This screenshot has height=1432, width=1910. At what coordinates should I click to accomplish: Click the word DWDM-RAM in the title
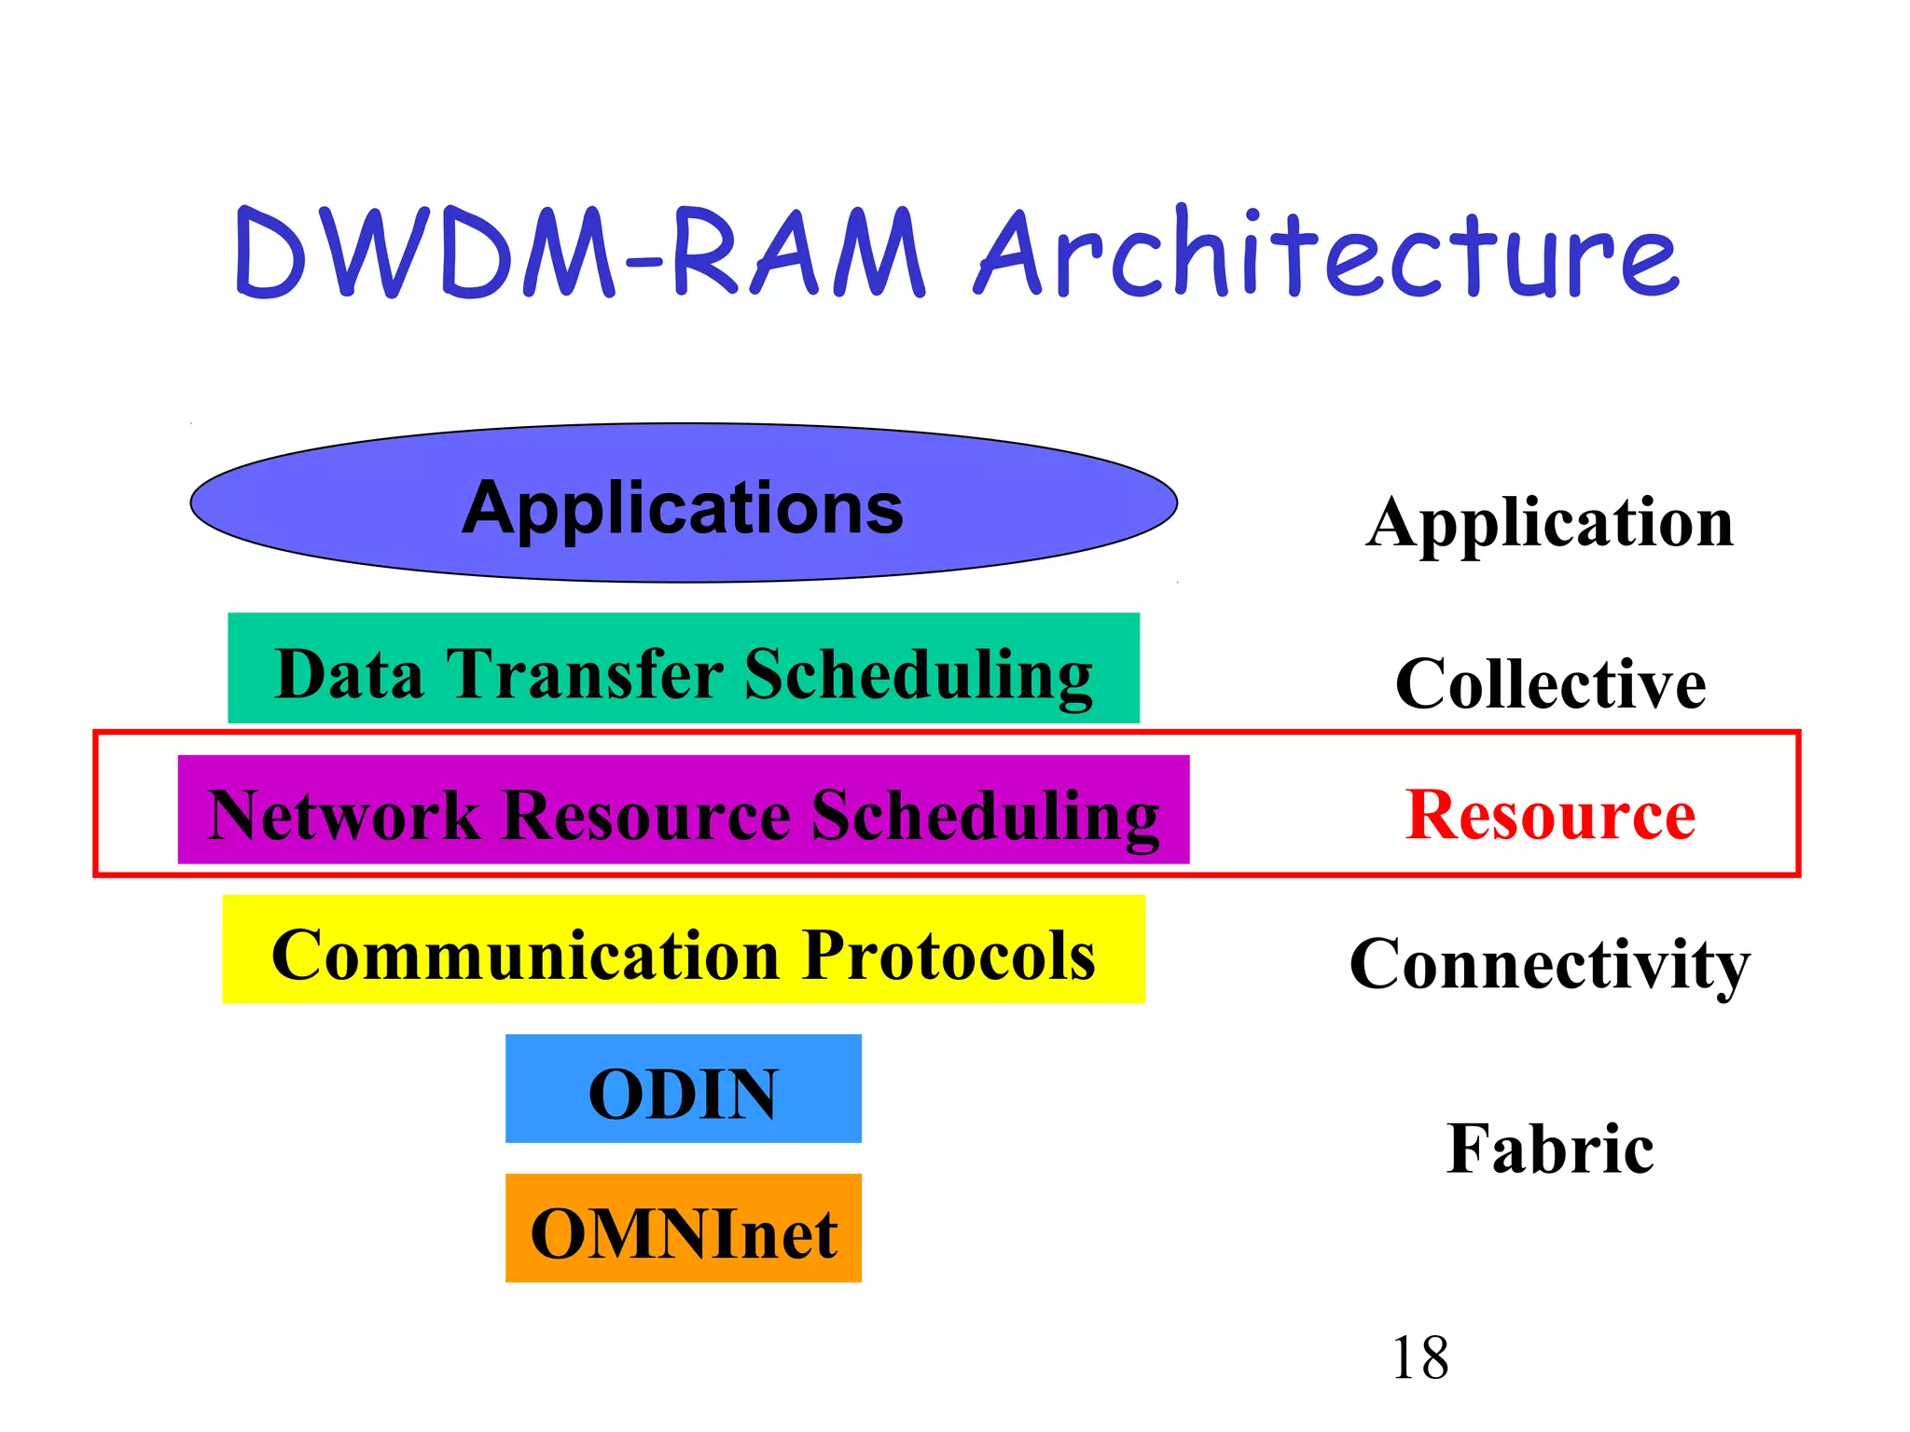(578, 254)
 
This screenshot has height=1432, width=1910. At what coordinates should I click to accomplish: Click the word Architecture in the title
(1324, 254)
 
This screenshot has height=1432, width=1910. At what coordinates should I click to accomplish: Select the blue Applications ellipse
(308, 503)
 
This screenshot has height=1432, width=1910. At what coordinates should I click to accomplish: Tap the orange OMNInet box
(683, 1229)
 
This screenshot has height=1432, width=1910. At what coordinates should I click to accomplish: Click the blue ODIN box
(683, 1089)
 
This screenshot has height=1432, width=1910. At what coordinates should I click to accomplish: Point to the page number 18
(1419, 1357)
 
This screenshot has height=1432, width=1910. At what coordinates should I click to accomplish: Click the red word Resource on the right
(1550, 815)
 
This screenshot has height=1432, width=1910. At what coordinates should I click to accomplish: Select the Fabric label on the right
(1550, 1148)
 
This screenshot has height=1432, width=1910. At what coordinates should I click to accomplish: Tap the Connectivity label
(1550, 963)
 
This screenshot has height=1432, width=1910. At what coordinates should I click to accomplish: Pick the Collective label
(1550, 683)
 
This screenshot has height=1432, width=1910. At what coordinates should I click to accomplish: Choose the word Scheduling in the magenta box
(985, 815)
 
